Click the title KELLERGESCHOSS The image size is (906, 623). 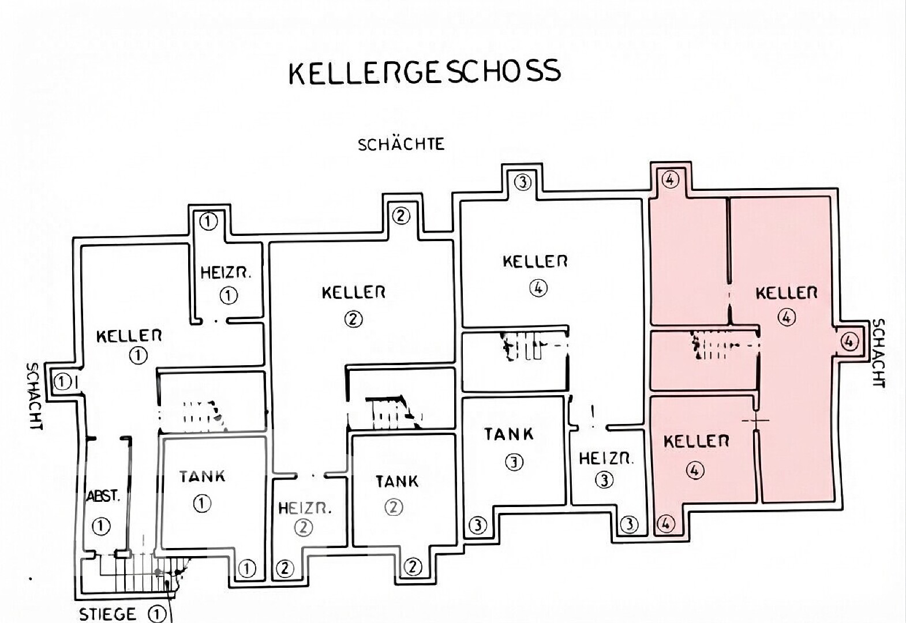coord(425,72)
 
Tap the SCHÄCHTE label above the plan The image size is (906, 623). coord(401,144)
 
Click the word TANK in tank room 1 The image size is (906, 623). coord(202,476)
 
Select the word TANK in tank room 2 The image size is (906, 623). coord(397,482)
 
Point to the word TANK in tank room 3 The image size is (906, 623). coord(509,434)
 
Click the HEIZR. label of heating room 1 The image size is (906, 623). coord(226,273)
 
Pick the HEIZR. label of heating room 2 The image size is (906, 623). coord(305,508)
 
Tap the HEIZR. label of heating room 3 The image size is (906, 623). coord(607,459)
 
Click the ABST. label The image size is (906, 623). coord(103,496)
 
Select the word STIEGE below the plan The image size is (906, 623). coord(107,614)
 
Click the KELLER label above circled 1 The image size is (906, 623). coord(129,336)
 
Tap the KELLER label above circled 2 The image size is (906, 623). coord(354,292)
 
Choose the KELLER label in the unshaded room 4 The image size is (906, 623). coord(535,261)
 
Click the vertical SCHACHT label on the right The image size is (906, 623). coord(878,353)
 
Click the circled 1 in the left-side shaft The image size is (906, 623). coord(62,382)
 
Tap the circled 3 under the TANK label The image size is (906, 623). coord(515,462)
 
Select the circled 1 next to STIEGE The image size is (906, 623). coord(158,614)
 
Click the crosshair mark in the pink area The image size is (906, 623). coord(755,421)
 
